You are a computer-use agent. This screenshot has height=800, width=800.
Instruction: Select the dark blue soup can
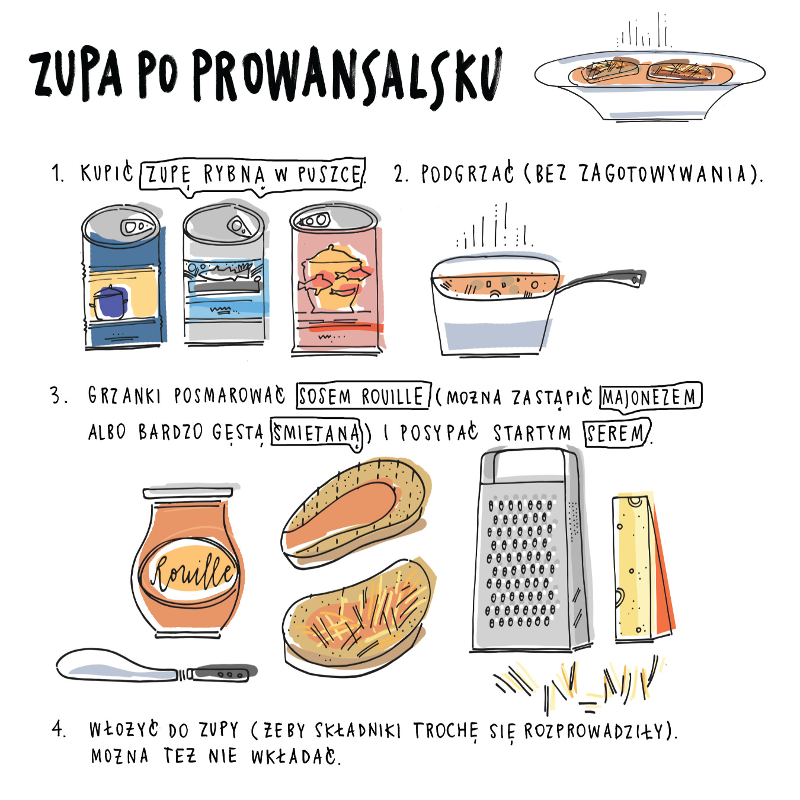(x=123, y=277)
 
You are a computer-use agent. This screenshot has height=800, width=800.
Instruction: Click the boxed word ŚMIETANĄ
(x=316, y=433)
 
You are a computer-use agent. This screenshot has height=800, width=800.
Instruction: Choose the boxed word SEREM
(x=617, y=434)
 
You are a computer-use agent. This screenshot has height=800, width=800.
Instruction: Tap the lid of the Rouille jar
(x=188, y=493)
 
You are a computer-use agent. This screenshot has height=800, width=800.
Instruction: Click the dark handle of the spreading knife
(x=222, y=673)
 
